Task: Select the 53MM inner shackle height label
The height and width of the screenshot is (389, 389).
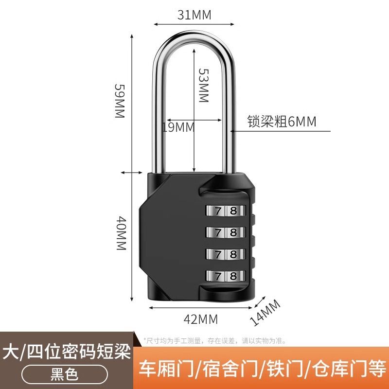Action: point(203,85)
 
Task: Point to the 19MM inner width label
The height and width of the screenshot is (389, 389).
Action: point(178,127)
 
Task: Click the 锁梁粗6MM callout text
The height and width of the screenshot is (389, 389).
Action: point(282,122)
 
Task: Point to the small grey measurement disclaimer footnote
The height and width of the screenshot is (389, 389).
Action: point(214,341)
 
